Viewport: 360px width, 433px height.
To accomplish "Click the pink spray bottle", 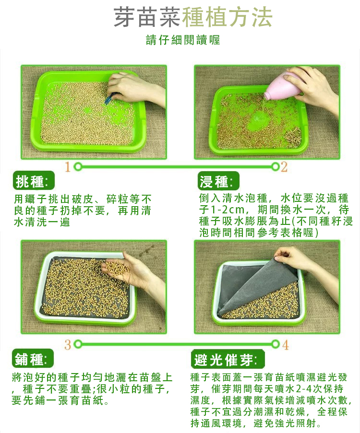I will click(283, 87).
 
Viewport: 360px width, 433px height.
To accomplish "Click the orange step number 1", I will click(68, 167).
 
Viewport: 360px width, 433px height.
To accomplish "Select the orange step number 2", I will click(284, 167).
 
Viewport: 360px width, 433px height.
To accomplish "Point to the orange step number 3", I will click(68, 344).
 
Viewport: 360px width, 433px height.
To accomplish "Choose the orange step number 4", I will click(285, 344).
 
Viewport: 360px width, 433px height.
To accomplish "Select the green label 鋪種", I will click(32, 359).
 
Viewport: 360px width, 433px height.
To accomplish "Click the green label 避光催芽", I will click(226, 359).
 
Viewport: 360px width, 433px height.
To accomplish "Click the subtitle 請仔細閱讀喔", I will click(183, 40).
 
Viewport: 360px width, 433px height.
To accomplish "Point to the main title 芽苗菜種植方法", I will click(193, 17).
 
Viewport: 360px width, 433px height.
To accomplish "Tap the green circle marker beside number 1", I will click(78, 167).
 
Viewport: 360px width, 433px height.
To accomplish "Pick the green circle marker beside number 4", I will click(275, 344).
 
